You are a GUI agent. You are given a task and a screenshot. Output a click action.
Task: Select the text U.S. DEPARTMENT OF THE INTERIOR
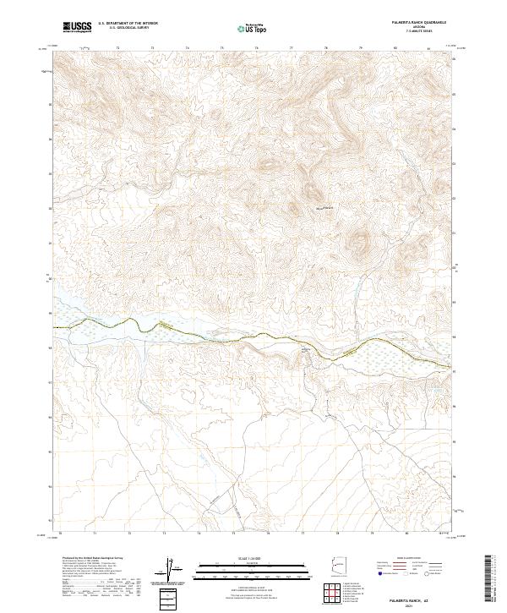click(x=127, y=25)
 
